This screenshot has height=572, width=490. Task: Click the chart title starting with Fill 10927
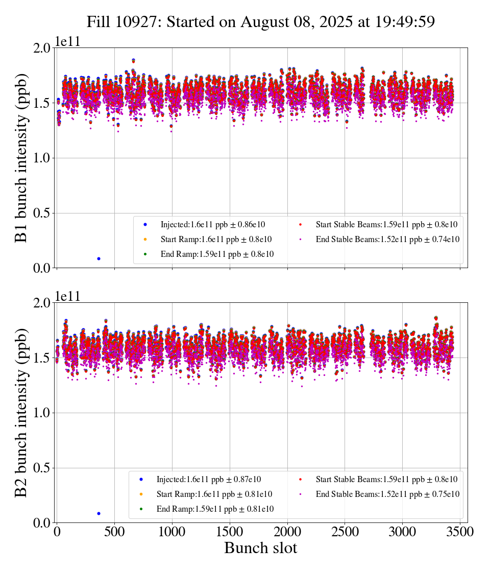click(260, 22)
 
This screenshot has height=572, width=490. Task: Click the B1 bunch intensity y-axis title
click(21, 158)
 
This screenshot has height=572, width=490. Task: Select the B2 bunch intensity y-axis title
click(21, 413)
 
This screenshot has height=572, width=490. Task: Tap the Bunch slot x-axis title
click(260, 548)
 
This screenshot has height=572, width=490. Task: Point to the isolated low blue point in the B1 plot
click(99, 258)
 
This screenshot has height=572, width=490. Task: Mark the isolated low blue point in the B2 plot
click(99, 513)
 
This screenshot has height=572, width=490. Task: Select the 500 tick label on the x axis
click(114, 531)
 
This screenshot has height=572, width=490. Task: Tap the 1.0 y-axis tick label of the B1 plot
click(42, 158)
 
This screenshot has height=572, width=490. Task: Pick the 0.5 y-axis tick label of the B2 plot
click(42, 468)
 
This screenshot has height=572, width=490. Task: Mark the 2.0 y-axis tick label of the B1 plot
click(42, 48)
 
